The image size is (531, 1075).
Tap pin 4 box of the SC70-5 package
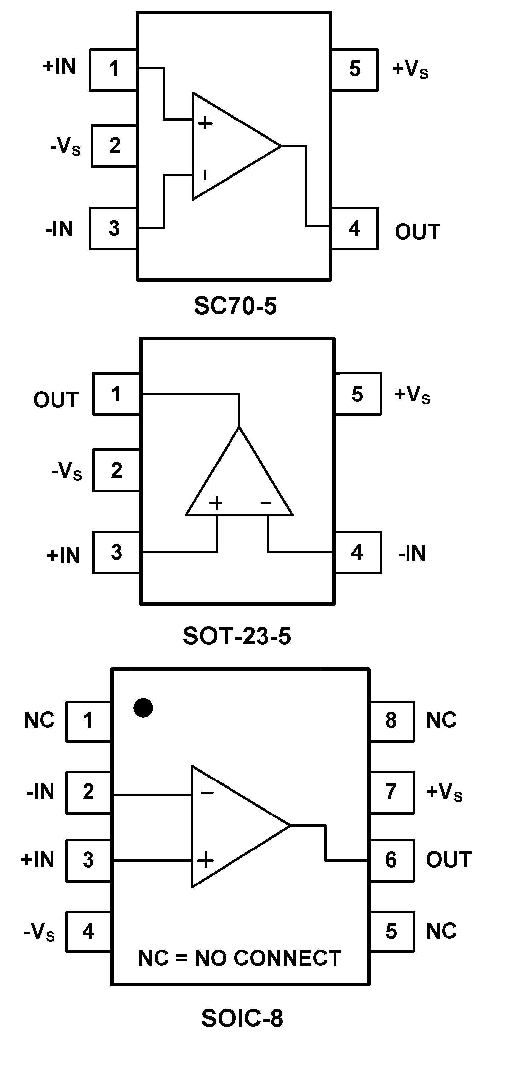pos(354,228)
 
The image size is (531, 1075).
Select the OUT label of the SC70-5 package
pos(417,232)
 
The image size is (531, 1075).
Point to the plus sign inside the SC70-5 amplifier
pos(205,123)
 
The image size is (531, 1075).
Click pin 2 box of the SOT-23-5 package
pos(116,470)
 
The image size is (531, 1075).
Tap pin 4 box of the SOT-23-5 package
pos(357,552)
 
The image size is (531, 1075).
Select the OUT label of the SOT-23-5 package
pos(56,400)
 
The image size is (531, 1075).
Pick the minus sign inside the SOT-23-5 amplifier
pos(266,503)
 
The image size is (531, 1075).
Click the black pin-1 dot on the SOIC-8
pos(143,708)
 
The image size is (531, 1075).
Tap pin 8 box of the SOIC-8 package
pos(391,721)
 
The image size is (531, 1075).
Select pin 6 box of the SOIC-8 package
pos(391,860)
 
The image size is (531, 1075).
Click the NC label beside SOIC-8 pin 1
pos(39,720)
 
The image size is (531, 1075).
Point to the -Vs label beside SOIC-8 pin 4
pos(39,931)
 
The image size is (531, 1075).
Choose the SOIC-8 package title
pos(242,1018)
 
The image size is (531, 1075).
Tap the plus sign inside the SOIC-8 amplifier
pos(205,860)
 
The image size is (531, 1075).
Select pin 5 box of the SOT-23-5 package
pos(357,394)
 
